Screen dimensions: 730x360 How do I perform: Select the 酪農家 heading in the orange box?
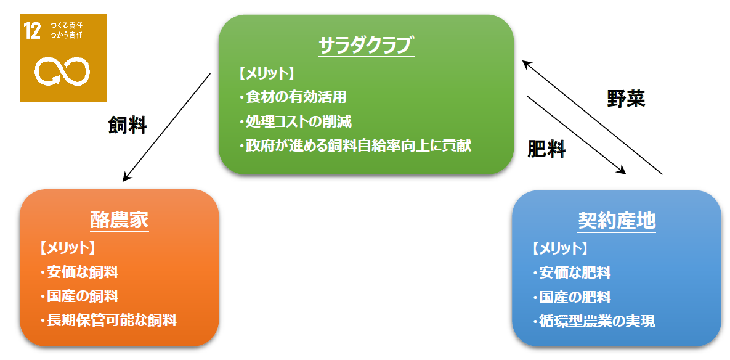click(x=119, y=221)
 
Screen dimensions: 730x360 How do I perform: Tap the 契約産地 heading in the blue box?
click(x=617, y=222)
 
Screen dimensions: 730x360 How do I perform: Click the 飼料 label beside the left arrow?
click(x=128, y=125)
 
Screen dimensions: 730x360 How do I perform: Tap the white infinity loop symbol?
click(x=62, y=72)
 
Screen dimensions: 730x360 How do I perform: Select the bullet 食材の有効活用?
click(x=293, y=97)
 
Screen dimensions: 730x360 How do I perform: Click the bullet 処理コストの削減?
click(x=295, y=122)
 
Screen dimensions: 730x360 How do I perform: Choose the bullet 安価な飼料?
click(x=79, y=272)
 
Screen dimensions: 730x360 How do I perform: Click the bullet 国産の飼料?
click(x=79, y=296)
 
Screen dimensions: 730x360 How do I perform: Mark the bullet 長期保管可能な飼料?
click(x=108, y=321)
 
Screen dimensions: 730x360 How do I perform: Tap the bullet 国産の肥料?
click(x=572, y=297)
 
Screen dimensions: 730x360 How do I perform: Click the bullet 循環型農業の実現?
click(x=594, y=321)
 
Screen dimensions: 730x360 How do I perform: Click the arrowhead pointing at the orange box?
click(x=125, y=178)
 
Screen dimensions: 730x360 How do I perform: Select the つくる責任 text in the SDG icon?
click(x=66, y=26)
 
